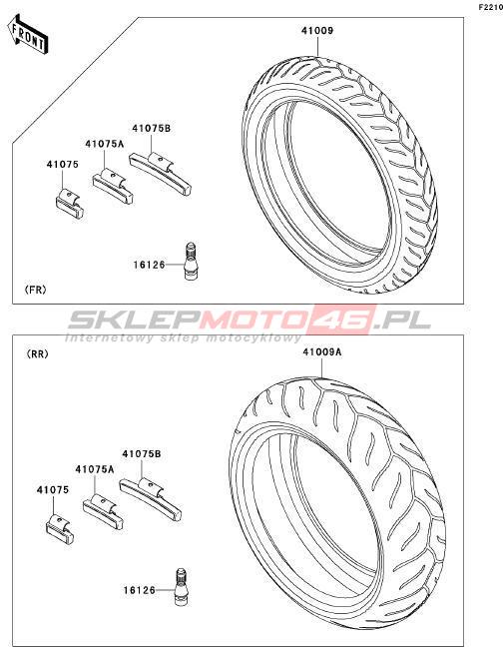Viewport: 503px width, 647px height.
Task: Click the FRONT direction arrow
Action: pos(28,35)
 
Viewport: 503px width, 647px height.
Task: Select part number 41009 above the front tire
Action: pos(316,31)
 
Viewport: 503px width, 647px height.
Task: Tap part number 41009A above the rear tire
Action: pos(322,352)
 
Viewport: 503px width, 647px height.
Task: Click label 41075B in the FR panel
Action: pos(152,129)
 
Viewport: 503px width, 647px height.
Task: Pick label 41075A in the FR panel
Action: pos(105,144)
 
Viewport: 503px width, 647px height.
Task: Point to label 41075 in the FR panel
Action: pos(62,164)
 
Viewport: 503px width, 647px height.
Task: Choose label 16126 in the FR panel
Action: pos(149,265)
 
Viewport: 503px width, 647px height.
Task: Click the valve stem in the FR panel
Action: pos(190,262)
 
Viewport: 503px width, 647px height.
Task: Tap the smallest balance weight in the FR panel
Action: pos(69,204)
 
